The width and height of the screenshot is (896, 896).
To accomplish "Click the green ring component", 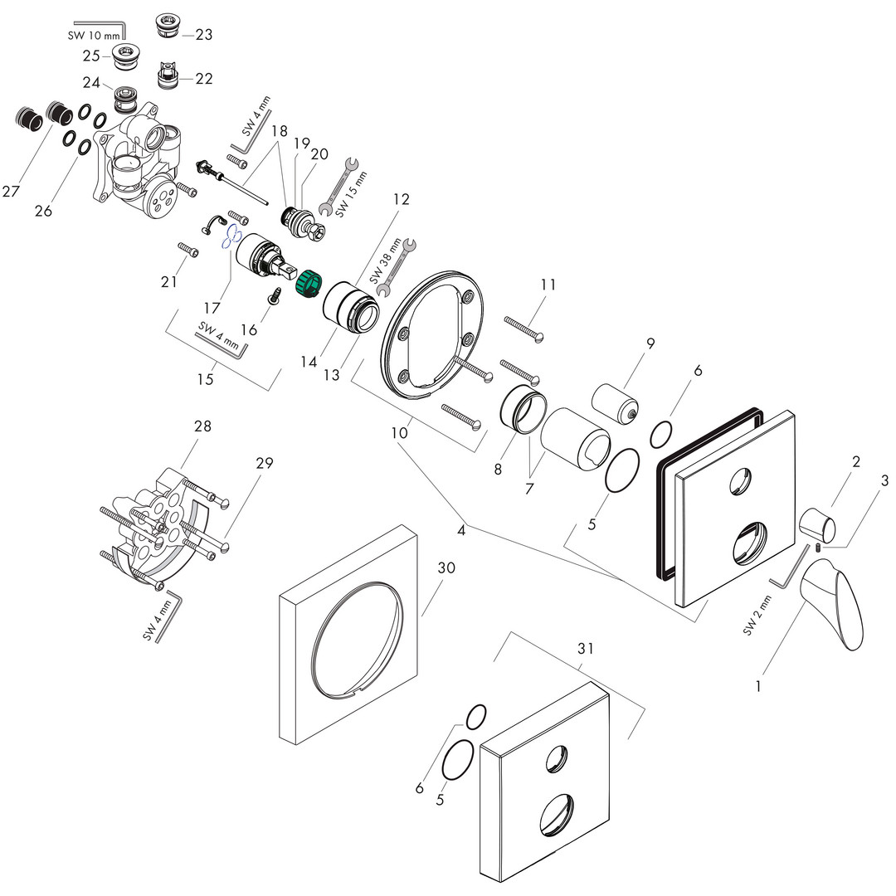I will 309,282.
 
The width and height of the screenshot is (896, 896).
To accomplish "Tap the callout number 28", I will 202,426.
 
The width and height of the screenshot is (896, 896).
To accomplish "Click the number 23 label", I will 203,35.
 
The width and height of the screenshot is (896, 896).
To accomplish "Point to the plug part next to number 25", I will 128,56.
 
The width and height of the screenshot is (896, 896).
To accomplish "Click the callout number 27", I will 11,192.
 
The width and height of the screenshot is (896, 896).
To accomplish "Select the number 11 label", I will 548,285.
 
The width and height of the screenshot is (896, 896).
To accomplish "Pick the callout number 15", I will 205,379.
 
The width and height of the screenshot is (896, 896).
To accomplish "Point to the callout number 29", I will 264,463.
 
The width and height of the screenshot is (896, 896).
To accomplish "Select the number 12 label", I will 402,199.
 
